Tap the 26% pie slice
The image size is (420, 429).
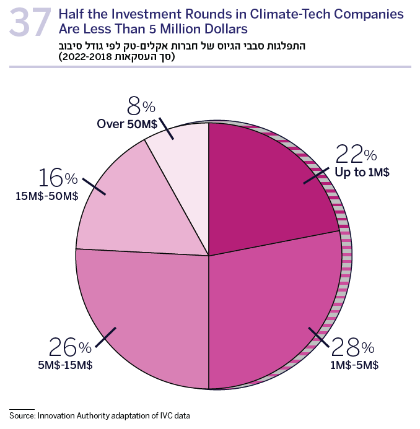click(149, 316)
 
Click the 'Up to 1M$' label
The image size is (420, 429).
click(362, 172)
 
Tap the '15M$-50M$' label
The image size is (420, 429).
click(47, 196)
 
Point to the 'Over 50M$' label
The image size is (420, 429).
click(126, 124)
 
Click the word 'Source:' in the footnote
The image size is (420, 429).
click(22, 414)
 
